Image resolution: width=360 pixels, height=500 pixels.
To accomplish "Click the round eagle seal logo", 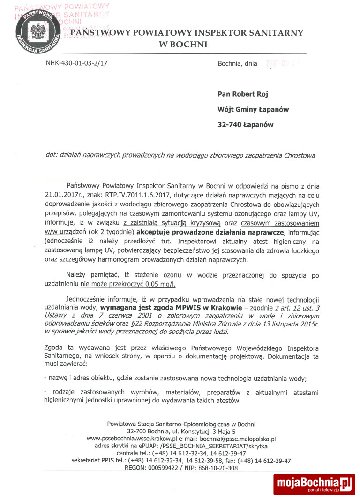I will tap(37, 31).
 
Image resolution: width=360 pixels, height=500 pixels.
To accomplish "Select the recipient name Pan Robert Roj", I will tap(243, 94).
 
